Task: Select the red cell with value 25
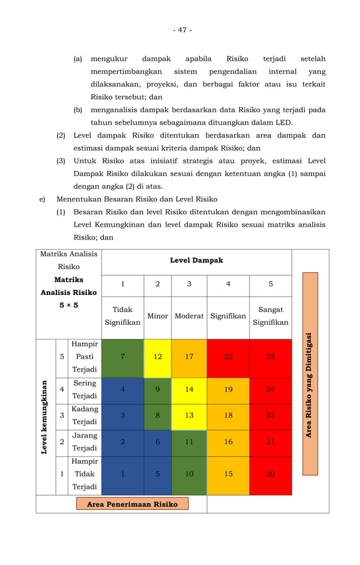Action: coord(270,357)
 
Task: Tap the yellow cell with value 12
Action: coord(157,357)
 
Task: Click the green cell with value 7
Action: coord(122,357)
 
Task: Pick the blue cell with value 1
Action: coord(122,474)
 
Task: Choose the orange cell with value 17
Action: coord(189,357)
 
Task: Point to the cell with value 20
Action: coord(270,474)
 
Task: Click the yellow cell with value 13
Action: coord(189,416)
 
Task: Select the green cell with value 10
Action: coord(189,474)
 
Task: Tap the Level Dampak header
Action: coord(196,261)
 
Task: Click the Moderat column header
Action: coord(189,316)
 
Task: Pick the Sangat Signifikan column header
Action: coord(270,316)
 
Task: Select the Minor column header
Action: coord(157,316)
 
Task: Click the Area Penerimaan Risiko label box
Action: coord(132,504)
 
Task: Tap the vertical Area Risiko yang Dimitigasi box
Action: coord(310,374)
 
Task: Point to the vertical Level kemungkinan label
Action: coord(45,417)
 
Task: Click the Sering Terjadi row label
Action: coord(85,390)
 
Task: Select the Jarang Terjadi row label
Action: coord(85,442)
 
